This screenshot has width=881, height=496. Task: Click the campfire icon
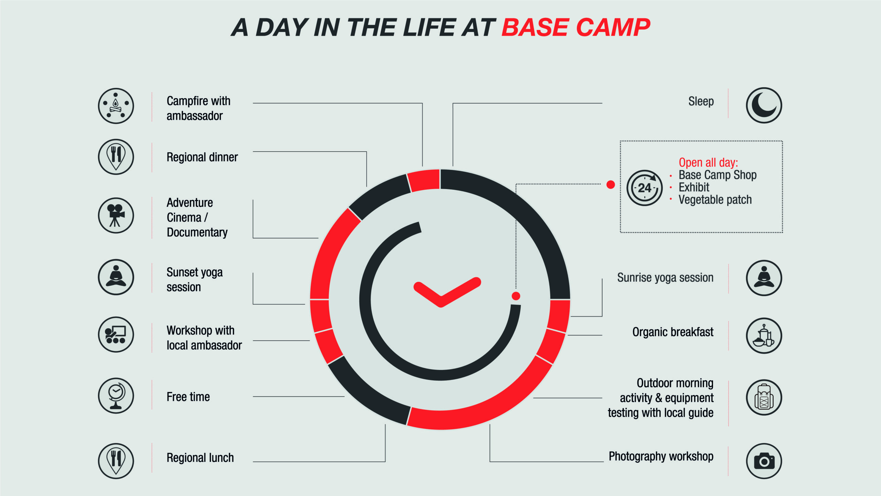pos(116,106)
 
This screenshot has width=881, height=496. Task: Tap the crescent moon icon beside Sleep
pos(764,105)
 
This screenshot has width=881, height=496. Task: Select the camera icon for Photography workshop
pos(764,461)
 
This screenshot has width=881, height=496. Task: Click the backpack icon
pos(764,397)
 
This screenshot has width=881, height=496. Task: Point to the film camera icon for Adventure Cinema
pos(116,215)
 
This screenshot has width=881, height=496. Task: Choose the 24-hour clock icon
pos(645,188)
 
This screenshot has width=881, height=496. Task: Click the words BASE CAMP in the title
pos(576,28)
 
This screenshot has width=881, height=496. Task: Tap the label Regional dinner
pos(202,157)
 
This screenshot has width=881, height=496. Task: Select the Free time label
pos(188,397)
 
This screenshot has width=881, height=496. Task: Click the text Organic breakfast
pos(673,332)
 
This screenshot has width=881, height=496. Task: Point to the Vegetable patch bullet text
pos(715,200)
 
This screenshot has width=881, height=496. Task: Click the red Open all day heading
pos(708,162)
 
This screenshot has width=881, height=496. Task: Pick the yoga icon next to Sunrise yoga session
pos(764,278)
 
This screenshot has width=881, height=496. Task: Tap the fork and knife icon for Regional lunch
pos(116,461)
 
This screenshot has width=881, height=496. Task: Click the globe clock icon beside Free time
pos(116,396)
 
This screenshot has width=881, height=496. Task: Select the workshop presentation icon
pos(116,334)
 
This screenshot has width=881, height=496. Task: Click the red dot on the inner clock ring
pos(516,296)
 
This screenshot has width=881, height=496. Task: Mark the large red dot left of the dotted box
pos(611,185)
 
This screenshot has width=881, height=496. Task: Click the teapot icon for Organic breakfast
pos(764,335)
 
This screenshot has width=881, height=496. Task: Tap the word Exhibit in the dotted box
pos(694,187)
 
